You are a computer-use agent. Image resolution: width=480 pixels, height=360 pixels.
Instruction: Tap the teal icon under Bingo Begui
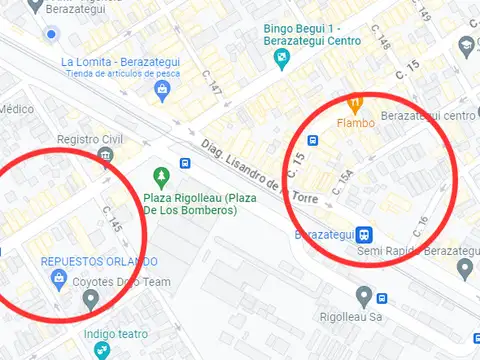tap(283, 59)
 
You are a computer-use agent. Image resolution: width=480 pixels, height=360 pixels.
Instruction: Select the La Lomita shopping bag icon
tap(161, 91)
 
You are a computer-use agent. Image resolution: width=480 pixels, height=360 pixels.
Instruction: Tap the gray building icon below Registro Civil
tap(106, 155)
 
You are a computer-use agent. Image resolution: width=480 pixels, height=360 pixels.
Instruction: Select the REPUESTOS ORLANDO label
tap(99, 261)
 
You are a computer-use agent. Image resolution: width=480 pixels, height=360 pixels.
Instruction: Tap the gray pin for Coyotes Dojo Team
tap(91, 298)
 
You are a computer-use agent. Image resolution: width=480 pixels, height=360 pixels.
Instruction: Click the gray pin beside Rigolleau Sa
tap(365, 297)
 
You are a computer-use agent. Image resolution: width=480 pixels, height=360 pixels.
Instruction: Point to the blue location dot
tap(51, 35)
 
